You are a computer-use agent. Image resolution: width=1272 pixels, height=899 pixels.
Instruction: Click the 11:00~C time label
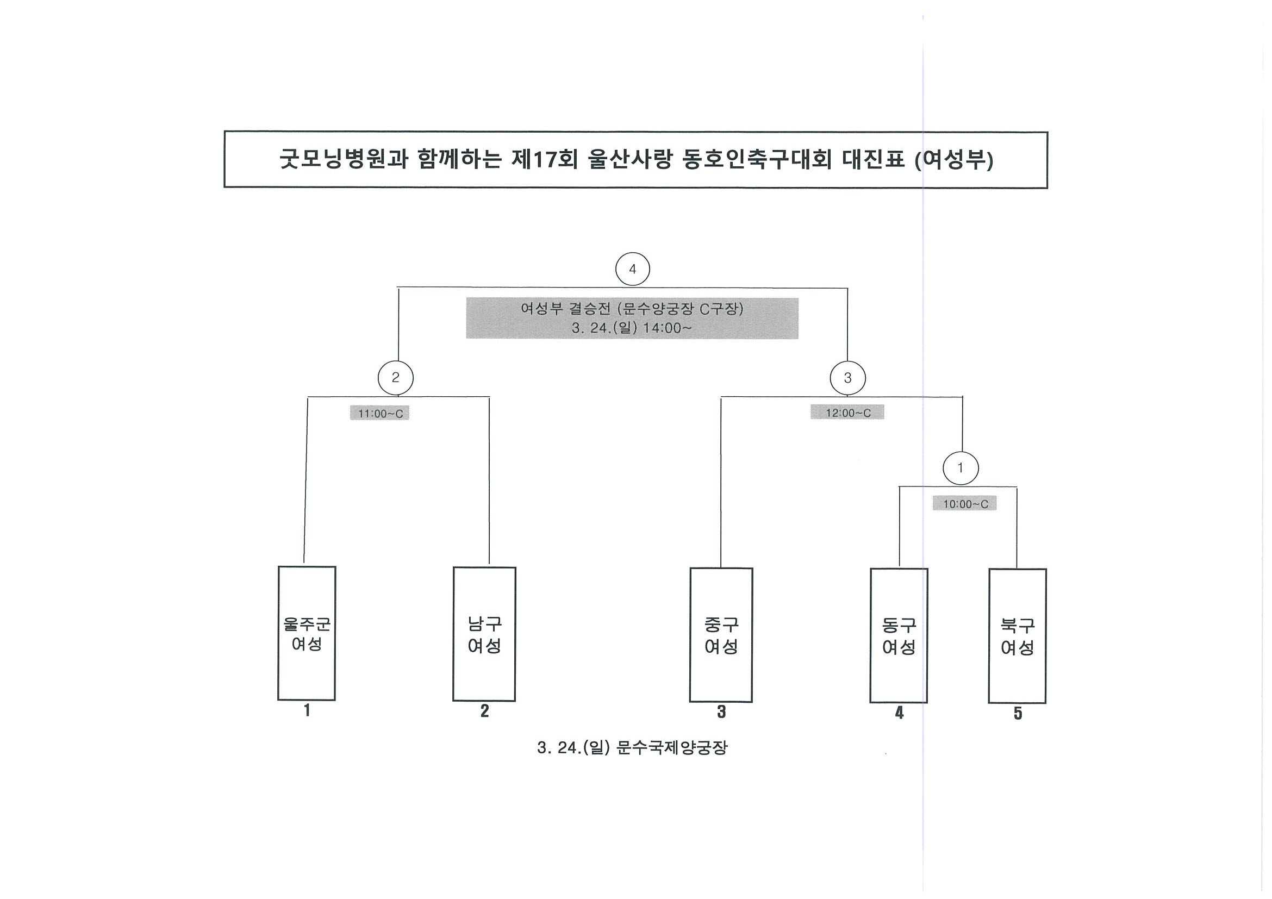(379, 413)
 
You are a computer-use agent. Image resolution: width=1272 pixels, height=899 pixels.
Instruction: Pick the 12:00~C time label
(847, 413)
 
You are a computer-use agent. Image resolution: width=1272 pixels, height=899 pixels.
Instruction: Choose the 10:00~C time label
(964, 503)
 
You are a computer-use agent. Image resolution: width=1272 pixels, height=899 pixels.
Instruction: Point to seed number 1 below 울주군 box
(307, 710)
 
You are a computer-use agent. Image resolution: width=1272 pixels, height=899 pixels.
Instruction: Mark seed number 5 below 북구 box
(1018, 714)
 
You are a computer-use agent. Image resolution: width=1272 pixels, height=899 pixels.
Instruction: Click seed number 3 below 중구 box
(721, 712)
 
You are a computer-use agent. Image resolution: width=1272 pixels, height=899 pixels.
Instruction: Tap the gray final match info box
(632, 318)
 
